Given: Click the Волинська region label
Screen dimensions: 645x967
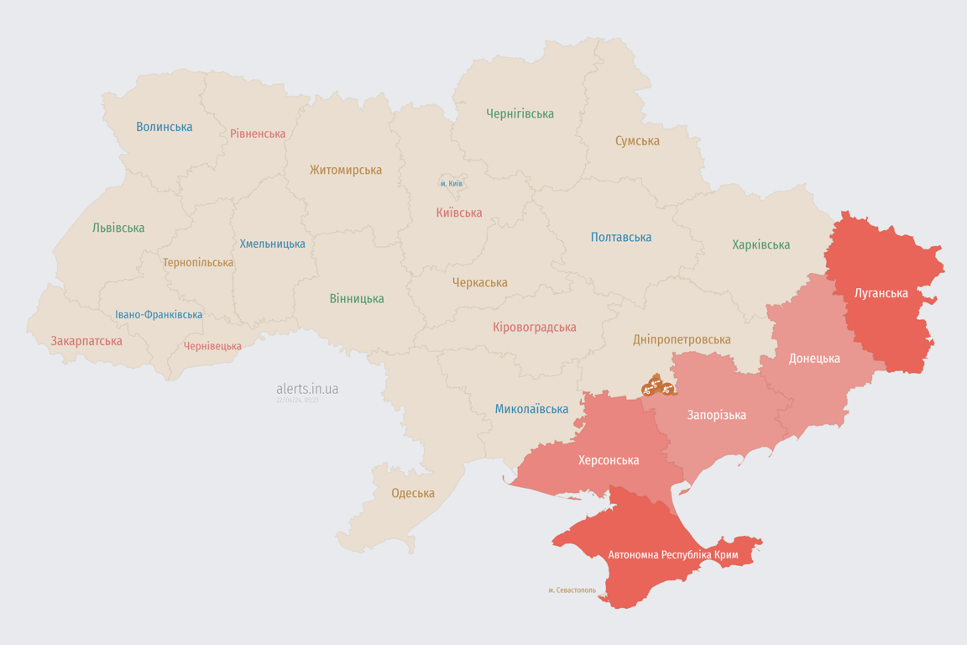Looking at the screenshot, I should pos(165,127).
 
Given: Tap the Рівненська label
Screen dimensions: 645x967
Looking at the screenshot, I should pos(258,134).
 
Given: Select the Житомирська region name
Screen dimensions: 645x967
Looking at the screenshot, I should pos(345,170).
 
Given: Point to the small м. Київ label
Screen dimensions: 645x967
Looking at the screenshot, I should pos(452,184).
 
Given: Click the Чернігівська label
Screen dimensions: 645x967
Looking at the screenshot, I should pos(520,113).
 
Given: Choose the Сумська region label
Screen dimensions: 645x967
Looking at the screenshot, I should pos(637,141).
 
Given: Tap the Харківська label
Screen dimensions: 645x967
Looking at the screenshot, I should pos(761,245).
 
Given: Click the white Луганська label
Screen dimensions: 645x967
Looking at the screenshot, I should pos(881,293).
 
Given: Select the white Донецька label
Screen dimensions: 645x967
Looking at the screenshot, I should pos(813,359).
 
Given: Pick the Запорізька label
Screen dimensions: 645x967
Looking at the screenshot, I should pos(716,415).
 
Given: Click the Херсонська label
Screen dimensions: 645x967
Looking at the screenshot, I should pos(608,460).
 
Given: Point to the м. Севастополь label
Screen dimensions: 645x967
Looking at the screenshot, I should pos(572,590).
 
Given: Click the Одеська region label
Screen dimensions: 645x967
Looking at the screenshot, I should pos(413,493).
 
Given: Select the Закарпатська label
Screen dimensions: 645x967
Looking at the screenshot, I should pos(86,341).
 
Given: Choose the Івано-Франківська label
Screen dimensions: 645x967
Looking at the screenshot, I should pos(159,315).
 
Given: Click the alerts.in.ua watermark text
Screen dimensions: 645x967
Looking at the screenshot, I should pos(307,389).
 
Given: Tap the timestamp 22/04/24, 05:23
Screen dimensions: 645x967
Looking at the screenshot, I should pos(297,401).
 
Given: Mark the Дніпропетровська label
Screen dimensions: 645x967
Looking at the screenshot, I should pos(682,339).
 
